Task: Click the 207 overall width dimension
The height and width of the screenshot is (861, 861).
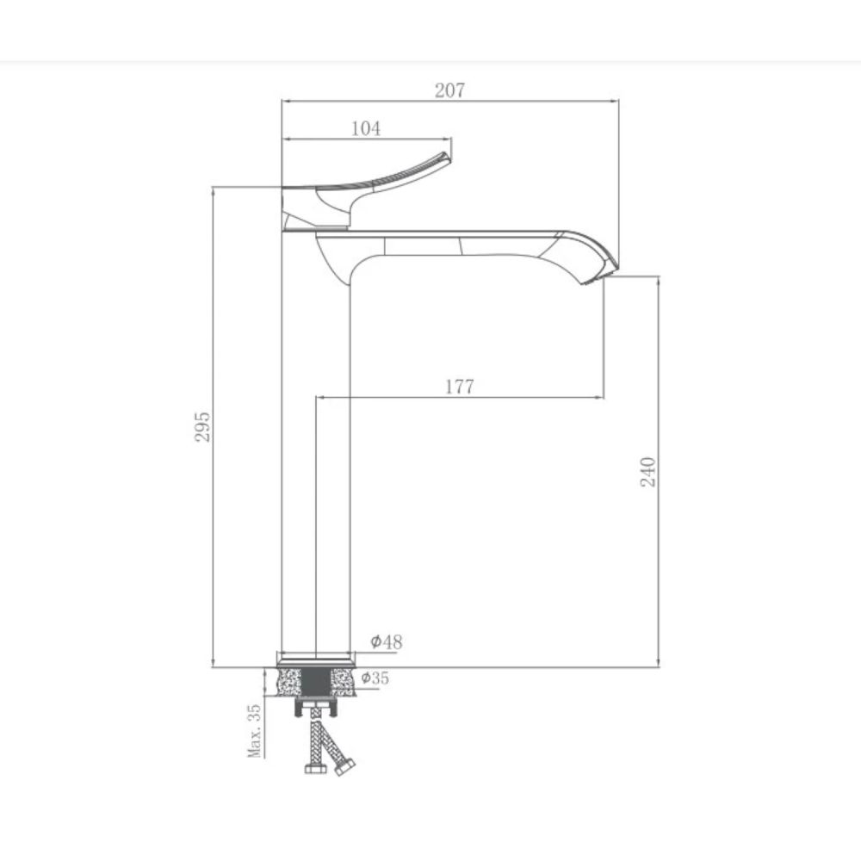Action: tap(449, 90)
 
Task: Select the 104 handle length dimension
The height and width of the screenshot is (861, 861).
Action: tap(366, 128)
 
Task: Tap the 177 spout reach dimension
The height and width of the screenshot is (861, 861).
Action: tap(459, 387)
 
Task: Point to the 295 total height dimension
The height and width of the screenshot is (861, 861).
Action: tap(202, 425)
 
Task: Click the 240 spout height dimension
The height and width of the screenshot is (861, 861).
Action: tap(648, 472)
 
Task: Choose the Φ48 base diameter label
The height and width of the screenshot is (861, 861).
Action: tap(387, 641)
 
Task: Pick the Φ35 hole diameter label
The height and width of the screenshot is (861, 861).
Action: tap(375, 678)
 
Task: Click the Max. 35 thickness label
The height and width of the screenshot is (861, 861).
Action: tap(254, 730)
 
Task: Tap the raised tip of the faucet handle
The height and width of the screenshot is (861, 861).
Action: tap(445, 158)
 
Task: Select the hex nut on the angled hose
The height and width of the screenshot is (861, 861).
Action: tap(345, 765)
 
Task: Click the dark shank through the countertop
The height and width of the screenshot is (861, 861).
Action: tap(315, 684)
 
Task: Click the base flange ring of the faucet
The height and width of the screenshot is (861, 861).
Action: tap(315, 659)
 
